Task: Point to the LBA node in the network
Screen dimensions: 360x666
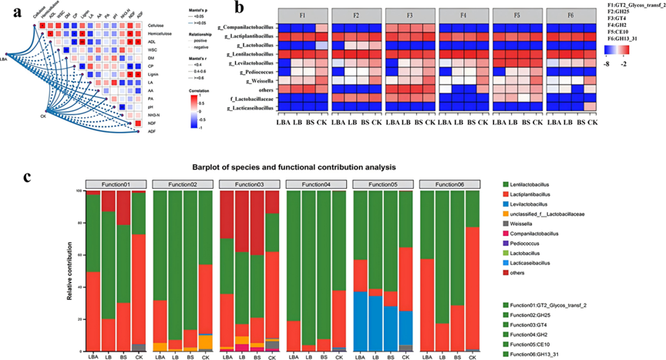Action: pos(6,79)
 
